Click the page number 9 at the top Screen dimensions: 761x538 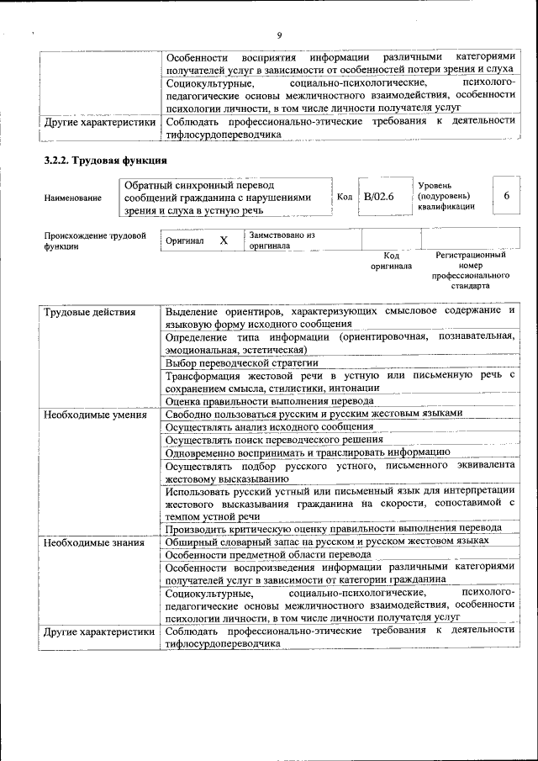(x=279, y=35)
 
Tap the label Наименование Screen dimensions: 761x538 (x=73, y=198)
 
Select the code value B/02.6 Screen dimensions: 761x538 (x=378, y=196)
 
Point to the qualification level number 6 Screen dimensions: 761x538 (x=506, y=195)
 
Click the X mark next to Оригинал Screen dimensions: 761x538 (x=224, y=240)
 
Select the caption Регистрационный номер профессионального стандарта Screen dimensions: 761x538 (x=470, y=269)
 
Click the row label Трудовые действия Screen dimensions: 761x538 (x=89, y=313)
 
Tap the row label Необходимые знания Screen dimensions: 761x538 (x=92, y=544)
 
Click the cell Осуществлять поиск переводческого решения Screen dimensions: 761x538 (x=274, y=439)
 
